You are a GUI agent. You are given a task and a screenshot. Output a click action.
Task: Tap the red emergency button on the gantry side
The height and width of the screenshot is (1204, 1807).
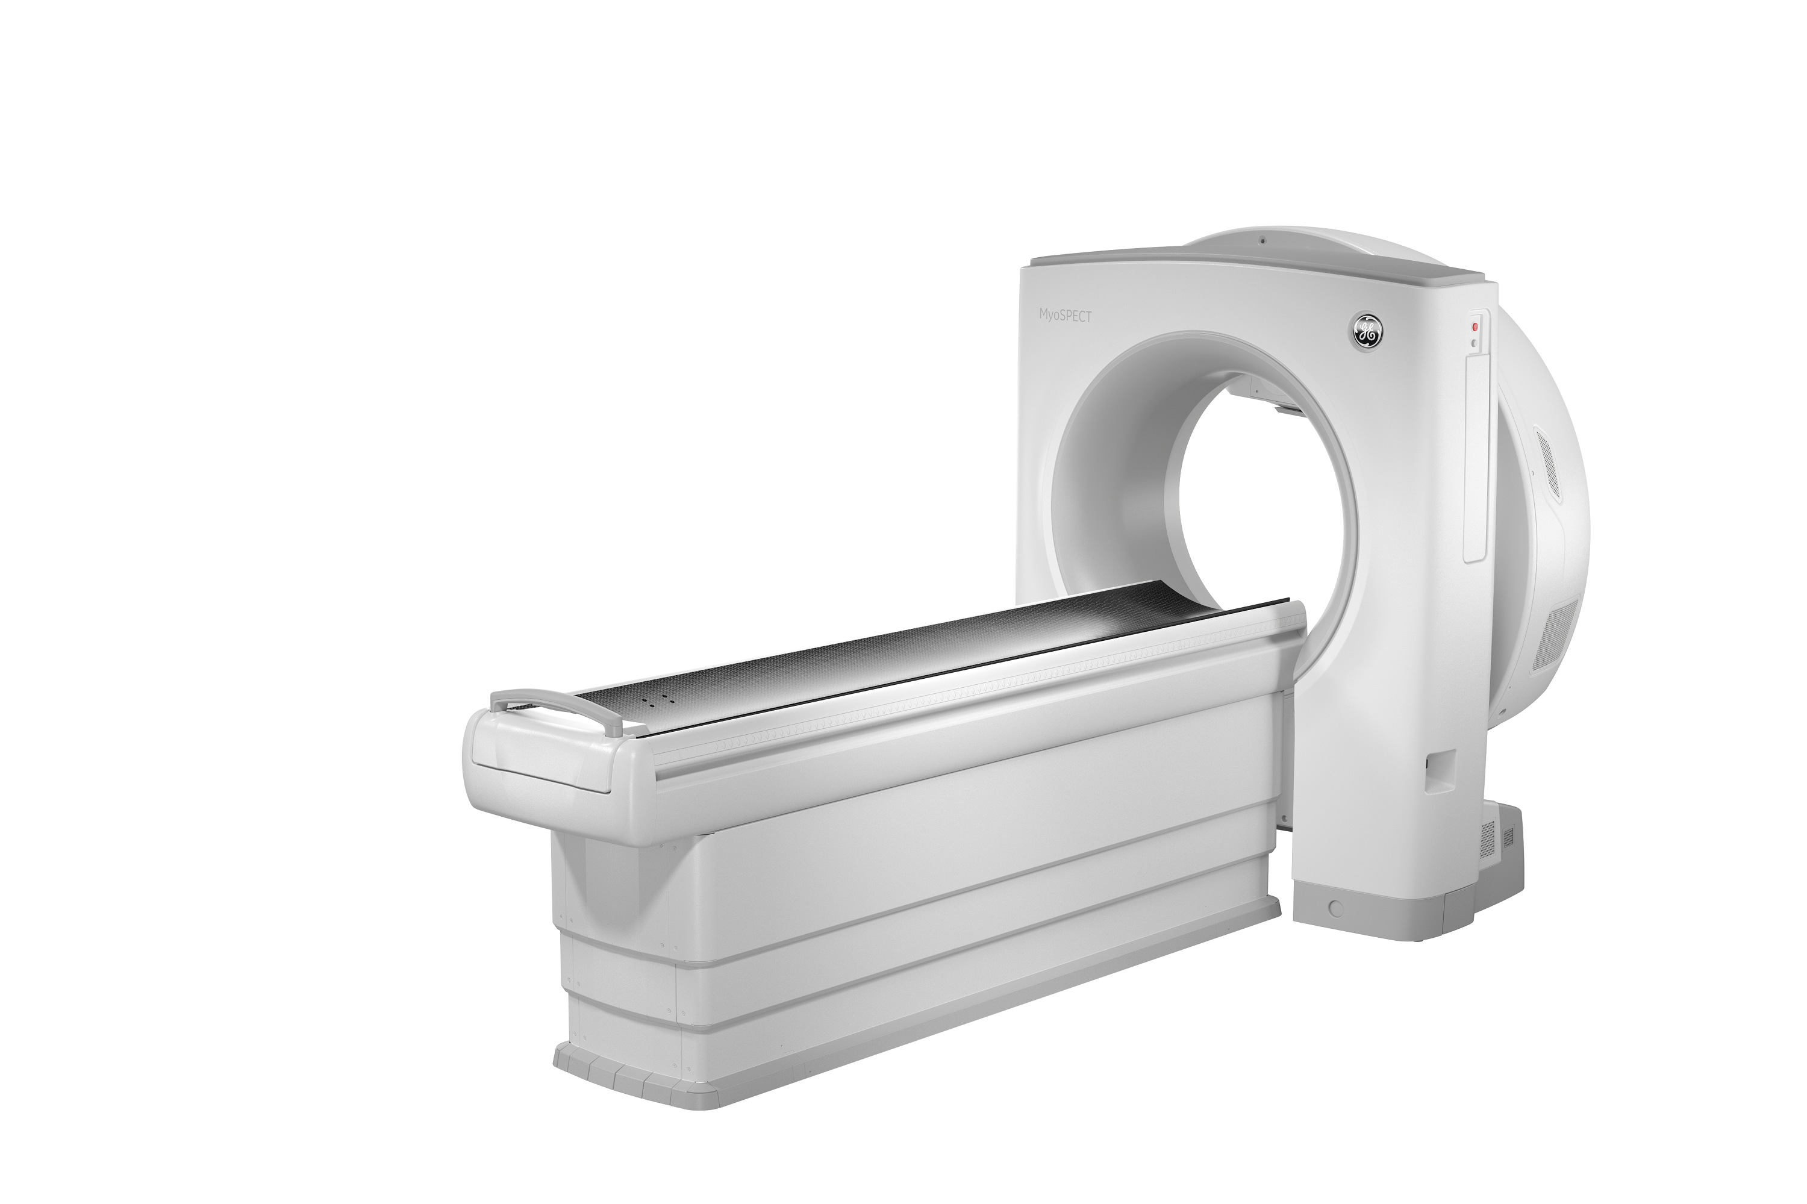click(x=1474, y=326)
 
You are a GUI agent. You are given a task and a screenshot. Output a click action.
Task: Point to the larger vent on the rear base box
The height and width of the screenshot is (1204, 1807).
click(x=1488, y=838)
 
